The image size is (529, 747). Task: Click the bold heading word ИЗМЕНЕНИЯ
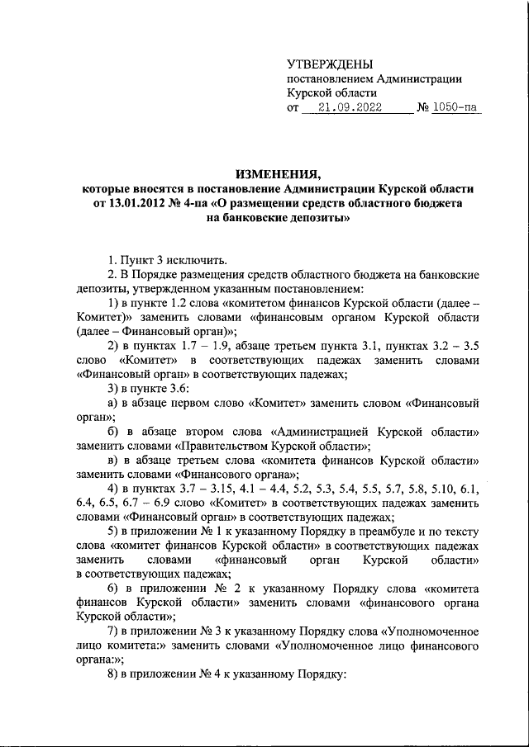(x=277, y=174)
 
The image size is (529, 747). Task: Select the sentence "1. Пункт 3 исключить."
(x=169, y=262)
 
